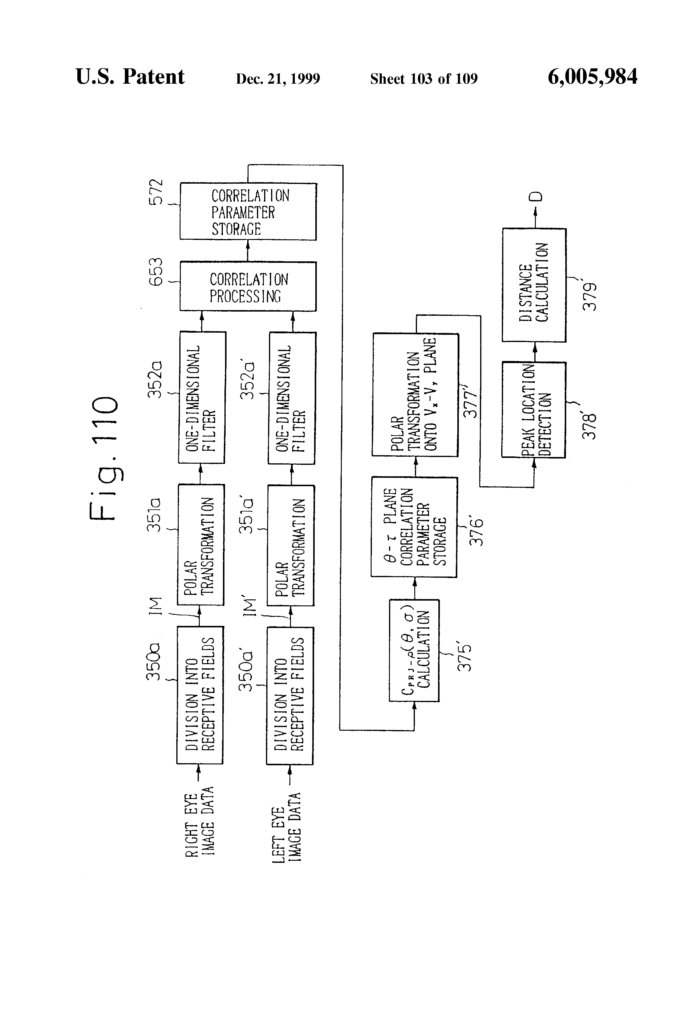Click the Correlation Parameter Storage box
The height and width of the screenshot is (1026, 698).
[x=248, y=211]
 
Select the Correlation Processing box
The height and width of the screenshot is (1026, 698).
[x=248, y=287]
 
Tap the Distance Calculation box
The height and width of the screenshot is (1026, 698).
[x=534, y=285]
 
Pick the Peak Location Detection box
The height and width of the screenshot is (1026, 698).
[x=533, y=410]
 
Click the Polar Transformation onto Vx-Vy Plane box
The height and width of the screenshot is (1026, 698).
[x=415, y=395]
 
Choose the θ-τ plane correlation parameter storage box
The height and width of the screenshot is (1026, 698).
[x=414, y=527]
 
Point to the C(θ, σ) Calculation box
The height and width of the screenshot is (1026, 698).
[x=414, y=650]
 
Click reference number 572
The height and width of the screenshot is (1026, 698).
[x=156, y=192]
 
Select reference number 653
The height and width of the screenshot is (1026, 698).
[x=156, y=272]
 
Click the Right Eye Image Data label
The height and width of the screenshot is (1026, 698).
[x=199, y=822]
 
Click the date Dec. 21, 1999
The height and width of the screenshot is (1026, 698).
[x=278, y=79]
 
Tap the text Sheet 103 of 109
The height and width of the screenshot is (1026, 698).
[x=424, y=79]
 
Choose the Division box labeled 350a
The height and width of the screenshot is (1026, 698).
[x=200, y=695]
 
